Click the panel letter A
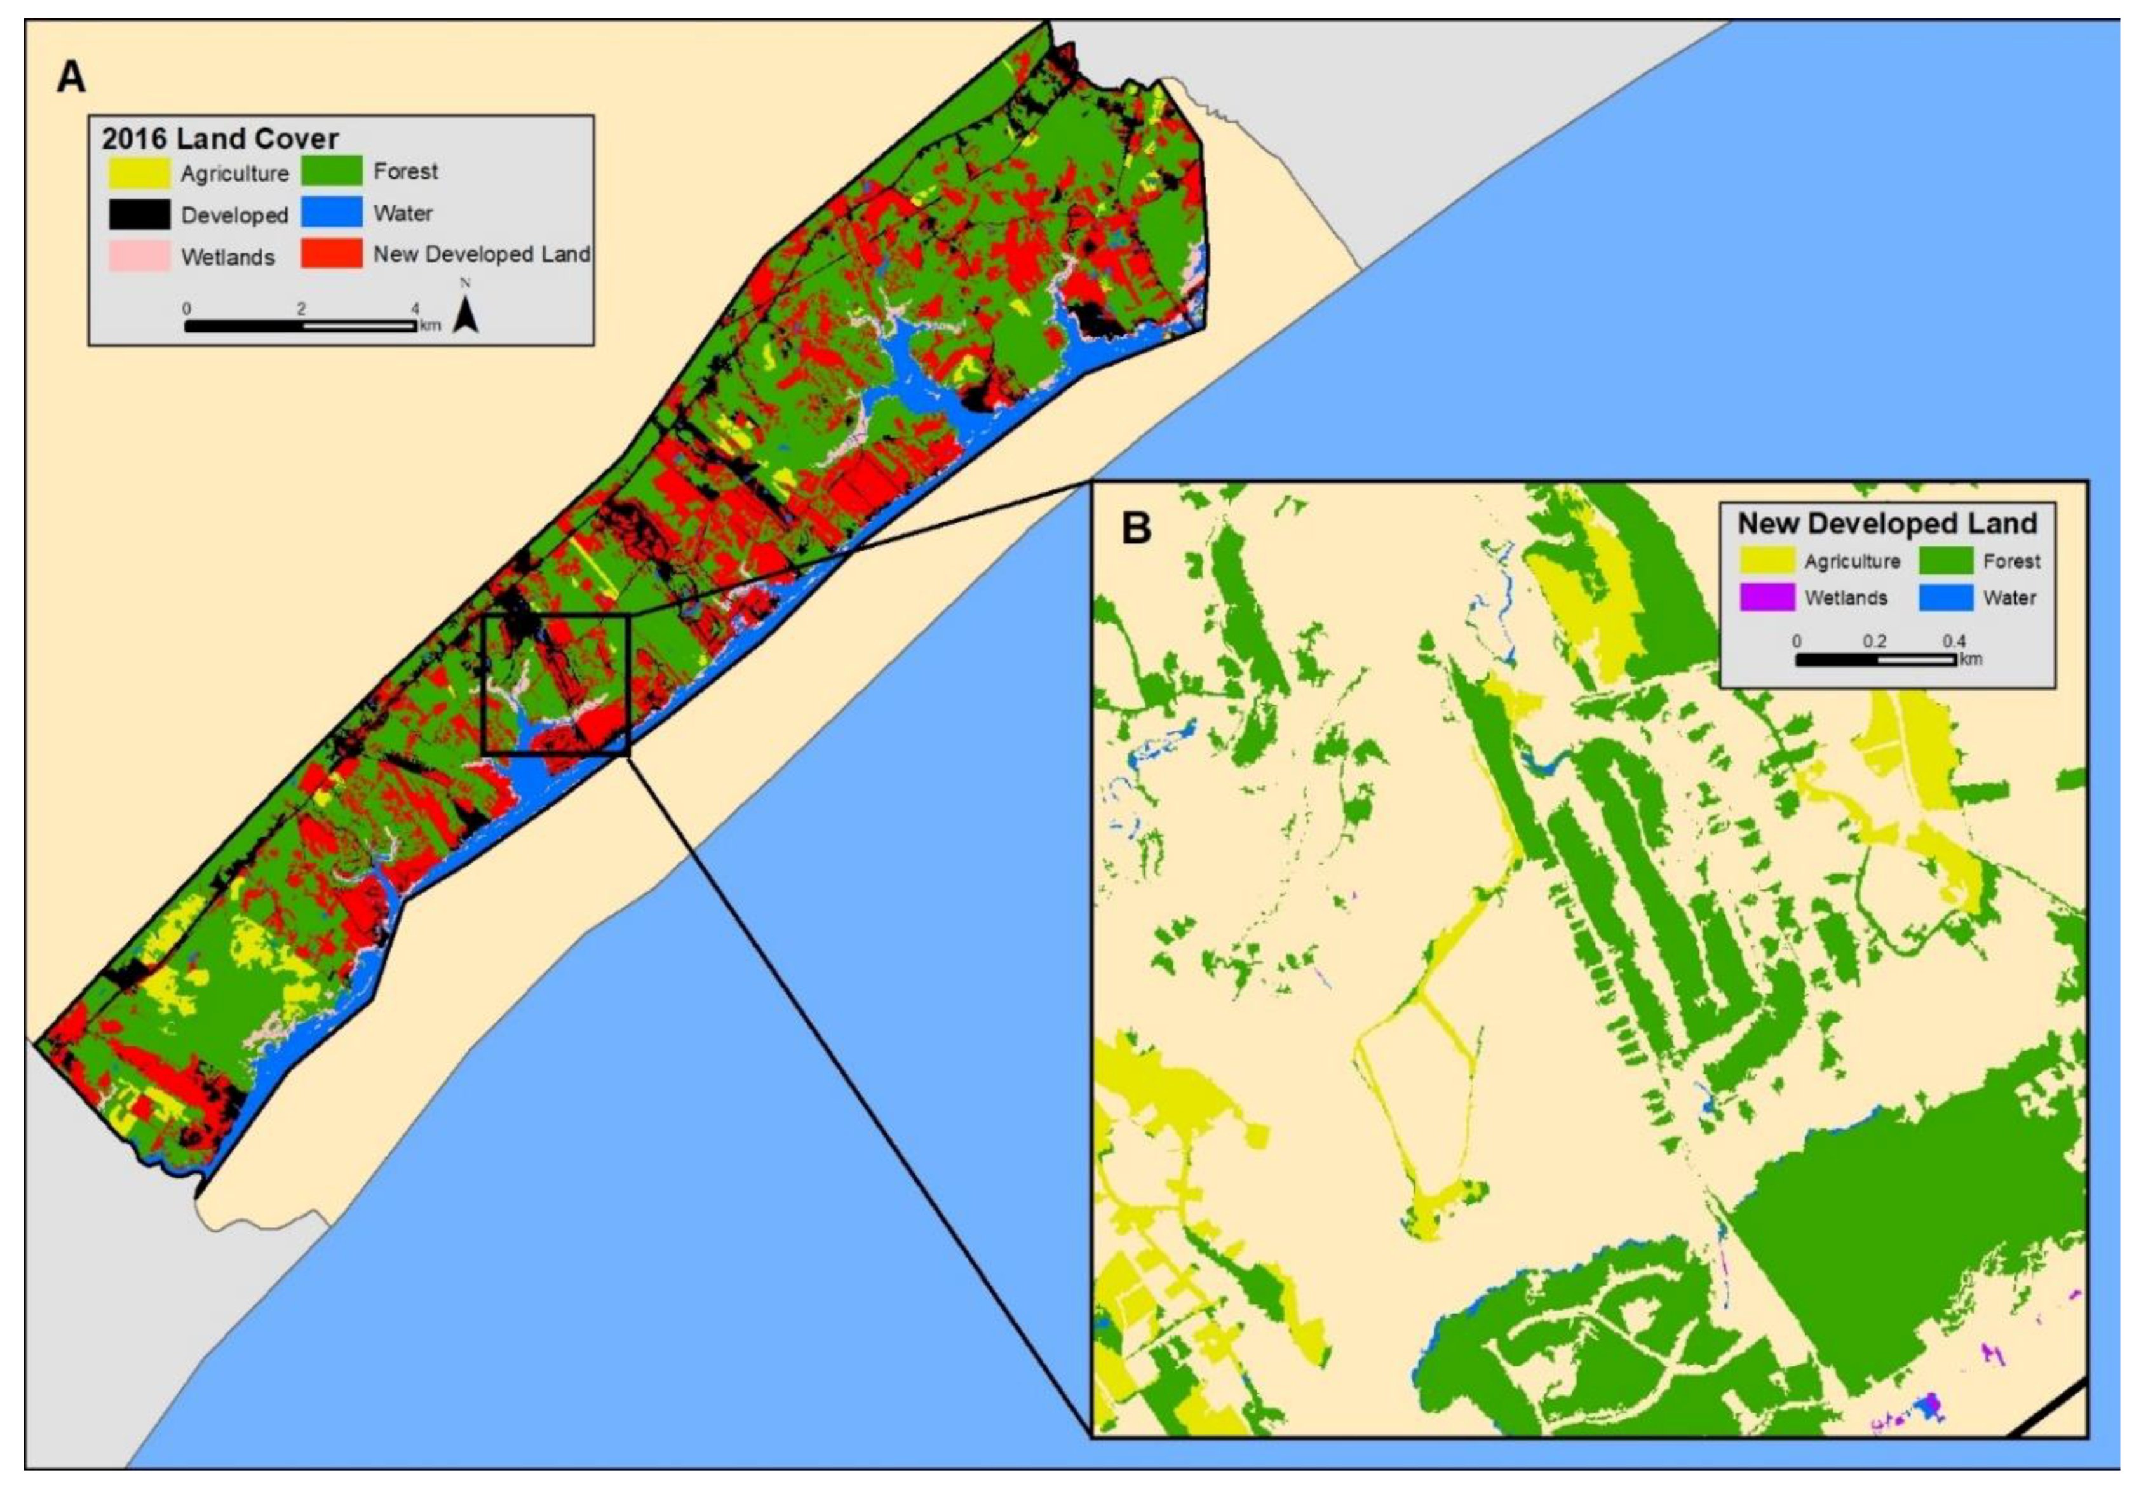(x=71, y=77)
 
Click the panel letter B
(x=1136, y=528)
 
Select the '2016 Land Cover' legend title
(x=220, y=138)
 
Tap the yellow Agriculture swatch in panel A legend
(x=139, y=173)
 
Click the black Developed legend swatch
(x=139, y=215)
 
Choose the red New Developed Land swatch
(x=332, y=253)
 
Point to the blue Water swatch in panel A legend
(x=332, y=212)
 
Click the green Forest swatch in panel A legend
(x=332, y=171)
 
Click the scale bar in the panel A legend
(x=301, y=326)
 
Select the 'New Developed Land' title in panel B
(x=1887, y=523)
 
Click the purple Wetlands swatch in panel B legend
(x=1767, y=597)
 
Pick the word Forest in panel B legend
(x=2011, y=562)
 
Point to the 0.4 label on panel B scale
(x=1954, y=641)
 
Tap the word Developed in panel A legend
(x=234, y=216)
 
